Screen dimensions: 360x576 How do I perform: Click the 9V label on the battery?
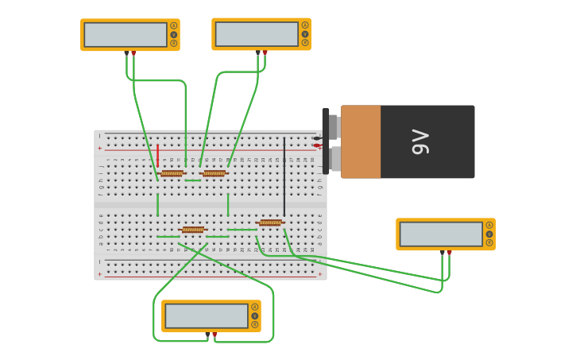click(421, 142)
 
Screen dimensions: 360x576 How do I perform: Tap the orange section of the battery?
click(361, 141)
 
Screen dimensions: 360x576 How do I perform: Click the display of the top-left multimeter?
click(126, 34)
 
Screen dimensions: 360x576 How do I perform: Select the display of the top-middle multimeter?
click(257, 34)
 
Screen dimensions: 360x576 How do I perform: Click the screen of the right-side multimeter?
click(441, 234)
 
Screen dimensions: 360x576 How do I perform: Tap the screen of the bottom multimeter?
click(207, 315)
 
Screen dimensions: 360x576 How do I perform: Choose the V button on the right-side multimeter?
click(489, 234)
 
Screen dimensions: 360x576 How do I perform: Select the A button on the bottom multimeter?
click(255, 307)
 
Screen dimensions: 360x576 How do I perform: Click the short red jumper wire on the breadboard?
click(157, 155)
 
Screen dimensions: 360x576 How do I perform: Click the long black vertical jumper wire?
click(284, 165)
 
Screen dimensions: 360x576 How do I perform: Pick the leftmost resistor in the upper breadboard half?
click(172, 173)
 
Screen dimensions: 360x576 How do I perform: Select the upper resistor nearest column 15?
click(214, 173)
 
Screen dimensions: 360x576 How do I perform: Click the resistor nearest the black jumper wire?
click(270, 223)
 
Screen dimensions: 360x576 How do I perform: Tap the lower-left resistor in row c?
click(192, 230)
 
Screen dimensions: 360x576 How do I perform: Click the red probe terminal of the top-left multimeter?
click(133, 53)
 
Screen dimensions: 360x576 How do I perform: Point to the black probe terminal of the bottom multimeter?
click(207, 335)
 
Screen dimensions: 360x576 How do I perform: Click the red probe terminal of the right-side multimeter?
click(449, 253)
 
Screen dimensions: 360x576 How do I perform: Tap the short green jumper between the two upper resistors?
click(193, 180)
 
